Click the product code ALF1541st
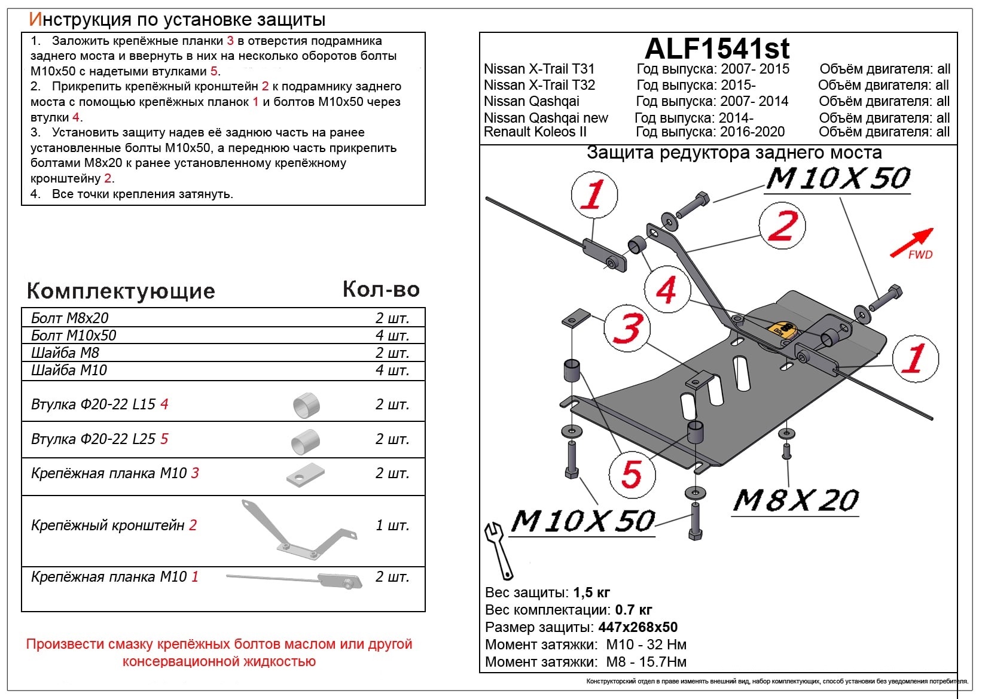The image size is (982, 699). (x=717, y=48)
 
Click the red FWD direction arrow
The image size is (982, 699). (x=911, y=242)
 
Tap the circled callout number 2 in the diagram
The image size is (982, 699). (x=782, y=226)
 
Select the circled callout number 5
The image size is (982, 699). (x=632, y=475)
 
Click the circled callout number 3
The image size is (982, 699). (x=627, y=328)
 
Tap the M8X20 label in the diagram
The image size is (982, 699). (x=795, y=501)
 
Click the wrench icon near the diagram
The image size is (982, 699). (x=498, y=551)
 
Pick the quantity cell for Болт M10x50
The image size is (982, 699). (x=392, y=335)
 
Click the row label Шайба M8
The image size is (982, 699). (x=65, y=352)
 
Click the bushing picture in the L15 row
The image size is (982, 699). (x=306, y=405)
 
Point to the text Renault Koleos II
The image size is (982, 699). (x=535, y=132)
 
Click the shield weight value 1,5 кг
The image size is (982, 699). (x=591, y=593)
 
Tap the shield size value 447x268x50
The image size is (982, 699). (x=638, y=627)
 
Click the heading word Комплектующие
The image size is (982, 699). (x=121, y=291)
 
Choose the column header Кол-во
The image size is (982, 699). (x=381, y=289)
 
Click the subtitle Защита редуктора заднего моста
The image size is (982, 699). (x=734, y=153)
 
